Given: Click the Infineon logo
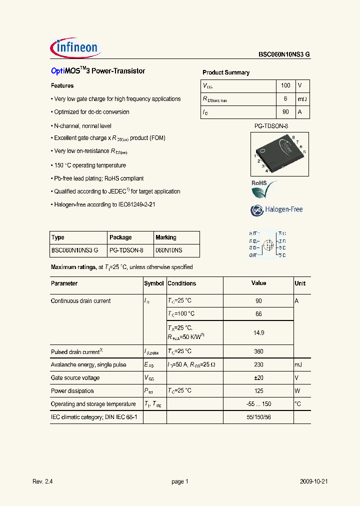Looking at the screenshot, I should click(76, 48).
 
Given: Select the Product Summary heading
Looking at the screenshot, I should click(226, 72).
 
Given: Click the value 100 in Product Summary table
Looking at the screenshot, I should click(285, 85).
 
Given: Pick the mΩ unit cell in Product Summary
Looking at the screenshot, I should click(302, 99).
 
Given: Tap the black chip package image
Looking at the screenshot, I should click(279, 152).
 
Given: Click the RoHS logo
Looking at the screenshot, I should click(263, 190).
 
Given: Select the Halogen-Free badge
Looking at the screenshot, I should click(276, 209).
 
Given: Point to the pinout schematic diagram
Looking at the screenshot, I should click(267, 244).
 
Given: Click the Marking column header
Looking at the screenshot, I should click(166, 237).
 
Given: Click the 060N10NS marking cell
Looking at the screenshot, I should click(169, 250).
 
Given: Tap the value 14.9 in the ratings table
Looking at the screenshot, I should click(258, 332).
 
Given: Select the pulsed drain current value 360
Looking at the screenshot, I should click(258, 351).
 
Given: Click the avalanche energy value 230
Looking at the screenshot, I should click(258, 365).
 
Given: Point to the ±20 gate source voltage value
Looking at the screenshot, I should click(258, 378).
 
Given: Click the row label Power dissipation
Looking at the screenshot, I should click(72, 391).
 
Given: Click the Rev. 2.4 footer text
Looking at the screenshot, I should click(43, 481).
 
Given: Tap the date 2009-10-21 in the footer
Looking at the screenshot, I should click(313, 481).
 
